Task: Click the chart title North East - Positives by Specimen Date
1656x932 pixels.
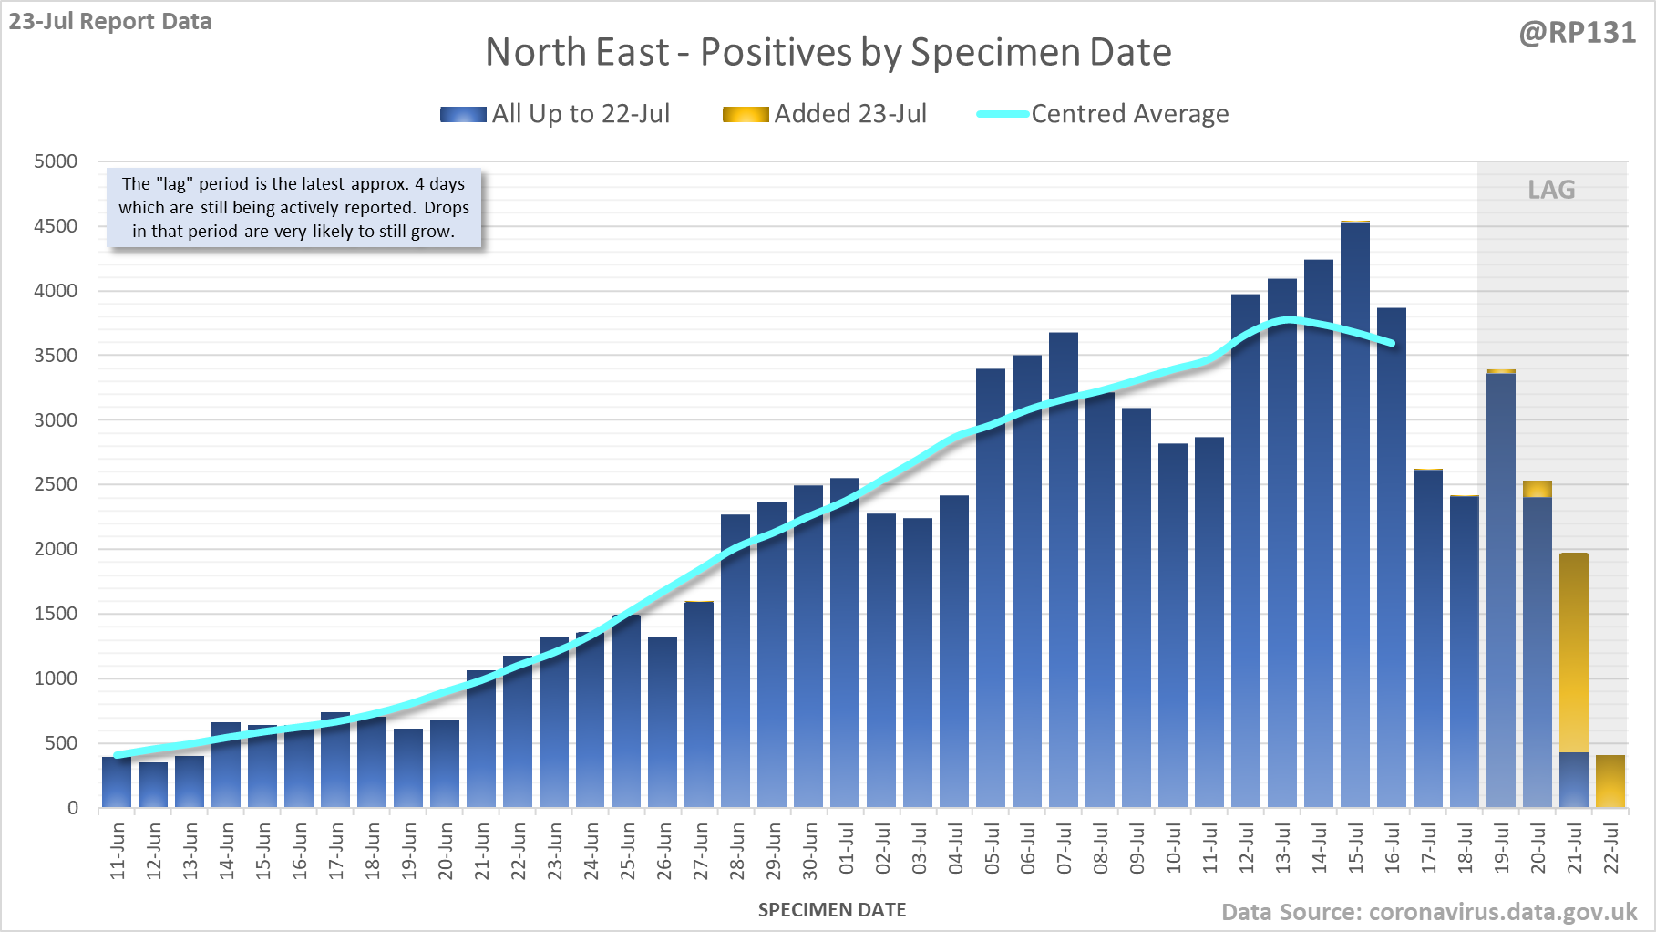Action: tap(828, 52)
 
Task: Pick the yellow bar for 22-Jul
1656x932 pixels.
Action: tap(1610, 782)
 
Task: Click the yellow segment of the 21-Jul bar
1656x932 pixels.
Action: tap(1574, 652)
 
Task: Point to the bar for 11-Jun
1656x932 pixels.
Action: tap(117, 782)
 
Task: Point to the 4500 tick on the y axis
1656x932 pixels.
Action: tap(56, 226)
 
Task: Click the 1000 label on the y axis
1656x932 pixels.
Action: tap(56, 678)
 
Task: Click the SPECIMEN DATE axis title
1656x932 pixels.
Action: tap(831, 910)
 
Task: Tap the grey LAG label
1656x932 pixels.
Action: tap(1551, 190)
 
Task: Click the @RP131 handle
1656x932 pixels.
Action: tap(1577, 33)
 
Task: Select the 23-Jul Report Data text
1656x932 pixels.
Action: tap(110, 21)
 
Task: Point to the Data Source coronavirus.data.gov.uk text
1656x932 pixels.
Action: tap(1428, 912)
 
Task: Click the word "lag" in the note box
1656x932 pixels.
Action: tap(174, 183)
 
